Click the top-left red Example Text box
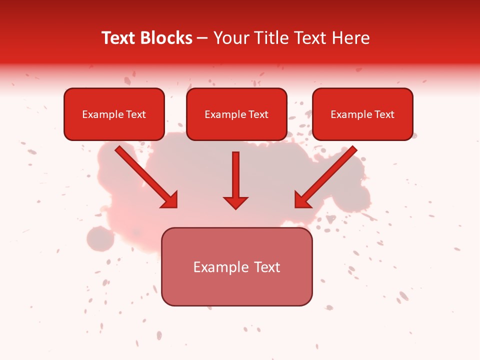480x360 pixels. tap(114, 114)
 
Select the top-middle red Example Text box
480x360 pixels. tap(236, 114)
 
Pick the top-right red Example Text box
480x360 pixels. tap(362, 114)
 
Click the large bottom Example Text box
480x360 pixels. tap(236, 267)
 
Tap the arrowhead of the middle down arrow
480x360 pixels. tap(235, 202)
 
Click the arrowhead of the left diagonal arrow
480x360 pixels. tap(170, 200)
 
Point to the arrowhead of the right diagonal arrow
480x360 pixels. tap(302, 200)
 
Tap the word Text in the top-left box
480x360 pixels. tap(135, 114)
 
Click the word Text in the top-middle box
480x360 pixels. tap(258, 114)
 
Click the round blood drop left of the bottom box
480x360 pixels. tap(100, 239)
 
